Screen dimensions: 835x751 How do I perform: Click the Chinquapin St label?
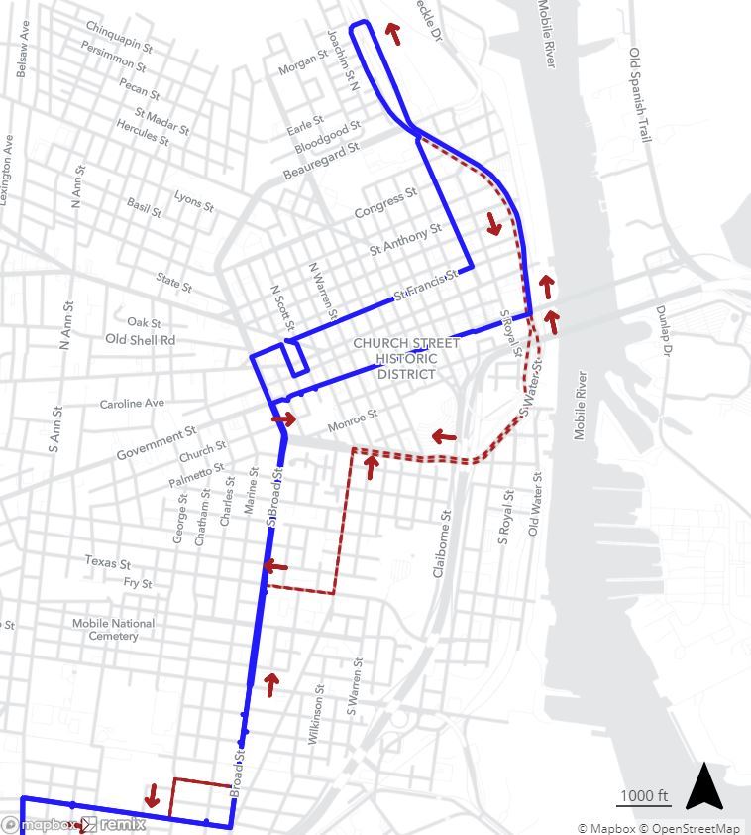pos(119,35)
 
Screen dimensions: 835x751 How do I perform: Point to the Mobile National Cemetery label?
pos(113,629)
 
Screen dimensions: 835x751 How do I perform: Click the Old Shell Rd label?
pos(140,340)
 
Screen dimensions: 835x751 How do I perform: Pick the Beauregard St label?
pos(320,161)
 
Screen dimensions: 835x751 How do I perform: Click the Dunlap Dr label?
pos(664,331)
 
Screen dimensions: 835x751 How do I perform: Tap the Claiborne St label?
pos(444,544)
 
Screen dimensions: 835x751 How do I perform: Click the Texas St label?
pos(107,562)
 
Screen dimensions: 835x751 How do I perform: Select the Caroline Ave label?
pos(132,404)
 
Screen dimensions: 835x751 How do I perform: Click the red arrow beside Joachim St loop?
pos(394,34)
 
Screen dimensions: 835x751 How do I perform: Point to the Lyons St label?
pos(194,201)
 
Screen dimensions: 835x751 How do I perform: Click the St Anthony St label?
pos(405,239)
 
